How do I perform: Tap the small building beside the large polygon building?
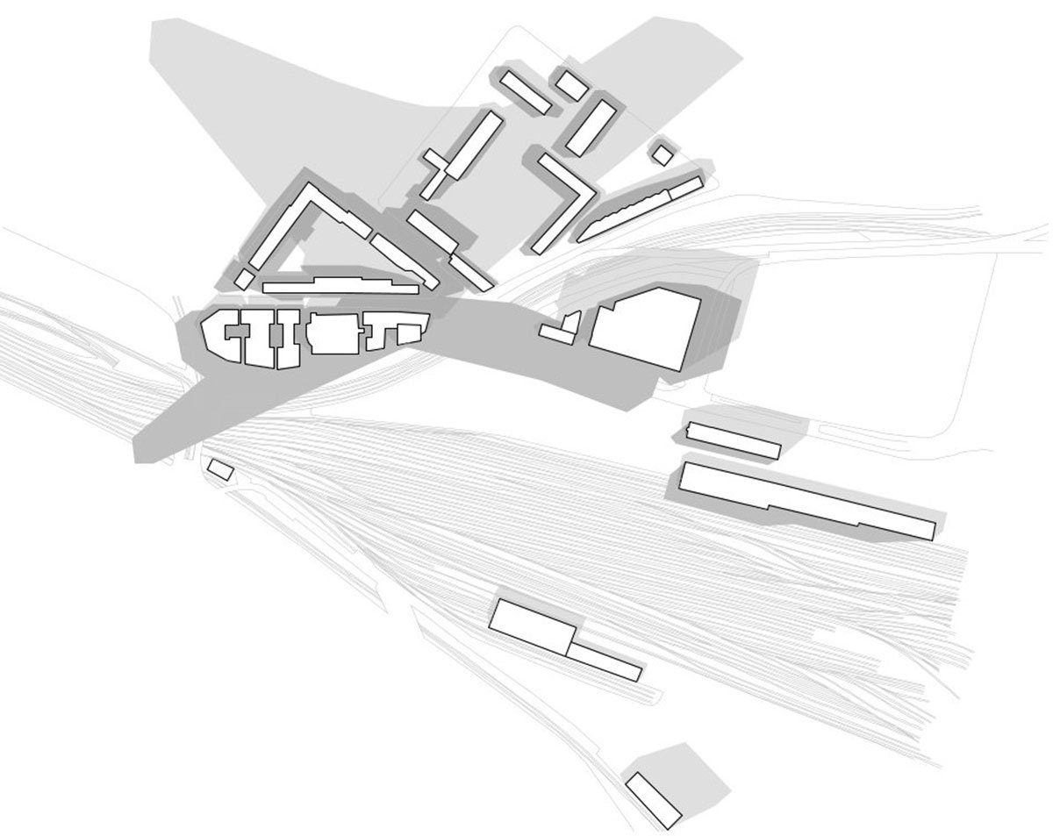562,330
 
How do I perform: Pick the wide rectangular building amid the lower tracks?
532,625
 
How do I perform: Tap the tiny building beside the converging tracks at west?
220,470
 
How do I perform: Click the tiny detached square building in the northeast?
663,154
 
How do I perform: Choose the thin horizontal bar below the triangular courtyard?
338,286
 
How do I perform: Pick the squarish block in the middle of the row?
332,334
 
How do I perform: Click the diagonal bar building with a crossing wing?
462,154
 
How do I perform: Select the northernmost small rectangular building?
572,85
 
